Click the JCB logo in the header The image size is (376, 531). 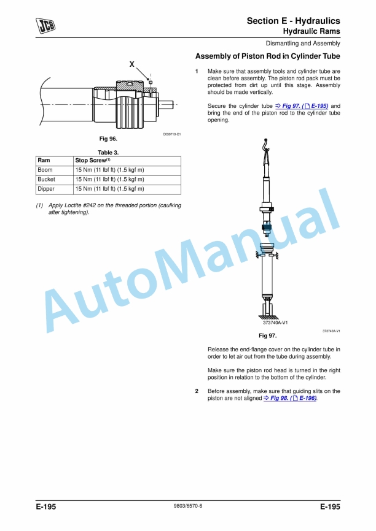tap(45, 25)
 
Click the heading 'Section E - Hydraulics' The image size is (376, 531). tap(293, 21)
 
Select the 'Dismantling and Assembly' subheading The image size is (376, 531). tap(303, 44)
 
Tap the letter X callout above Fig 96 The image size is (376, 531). tap(132, 64)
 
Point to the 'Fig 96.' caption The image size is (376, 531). tap(108, 139)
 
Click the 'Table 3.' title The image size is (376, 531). tap(108, 152)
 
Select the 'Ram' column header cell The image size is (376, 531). tap(44, 161)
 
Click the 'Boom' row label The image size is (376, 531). tap(45, 170)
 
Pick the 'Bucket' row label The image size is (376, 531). tap(46, 180)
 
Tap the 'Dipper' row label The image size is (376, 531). tap(46, 189)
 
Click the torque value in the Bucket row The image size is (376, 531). tap(109, 180)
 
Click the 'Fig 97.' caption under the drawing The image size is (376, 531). tap(268, 336)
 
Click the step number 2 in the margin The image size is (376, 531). tap(197, 391)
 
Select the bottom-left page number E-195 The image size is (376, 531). tap(46, 508)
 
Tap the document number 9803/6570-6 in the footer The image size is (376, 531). tap(188, 508)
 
